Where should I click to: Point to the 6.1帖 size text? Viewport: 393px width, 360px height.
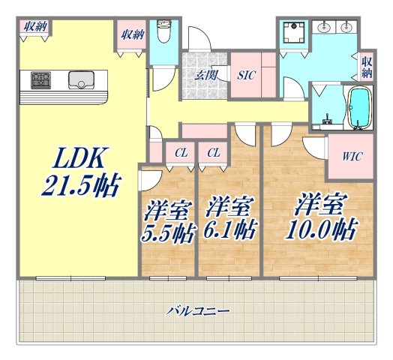coord(228,229)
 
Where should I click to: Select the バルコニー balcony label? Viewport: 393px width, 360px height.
coord(198,309)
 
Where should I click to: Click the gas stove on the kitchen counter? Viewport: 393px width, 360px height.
coord(40,79)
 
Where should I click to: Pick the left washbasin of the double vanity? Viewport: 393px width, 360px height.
coord(326,28)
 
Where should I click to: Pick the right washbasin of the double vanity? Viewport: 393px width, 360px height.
coord(346,28)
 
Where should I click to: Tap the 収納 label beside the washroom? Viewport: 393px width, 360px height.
coord(366,67)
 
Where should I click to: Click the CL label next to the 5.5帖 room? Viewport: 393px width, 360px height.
coord(180,153)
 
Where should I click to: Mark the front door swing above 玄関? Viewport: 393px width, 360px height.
coord(198,39)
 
